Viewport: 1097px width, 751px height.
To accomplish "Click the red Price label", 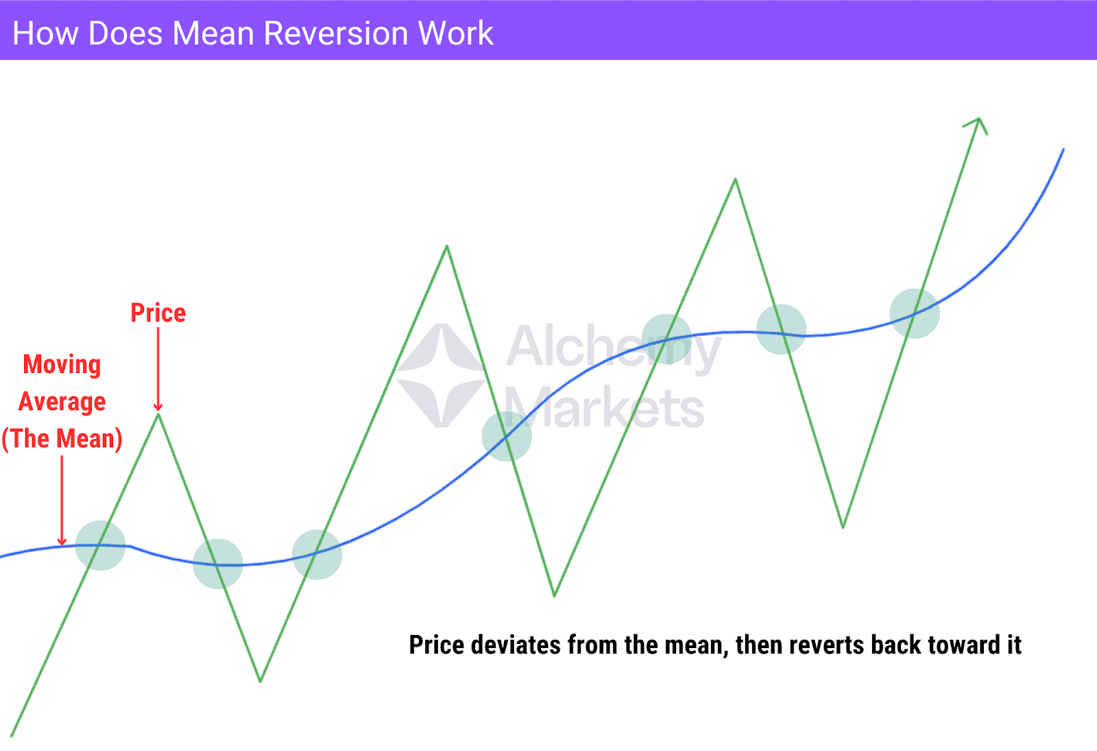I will (x=158, y=313).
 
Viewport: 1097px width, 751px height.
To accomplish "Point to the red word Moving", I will (x=62, y=364).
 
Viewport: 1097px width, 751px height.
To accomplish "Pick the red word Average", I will (x=62, y=401).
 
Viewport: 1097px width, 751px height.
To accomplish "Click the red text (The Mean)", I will (x=62, y=438).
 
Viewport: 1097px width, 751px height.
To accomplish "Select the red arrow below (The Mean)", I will (x=62, y=501).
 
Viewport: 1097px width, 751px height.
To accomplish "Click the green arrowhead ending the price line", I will (x=978, y=124).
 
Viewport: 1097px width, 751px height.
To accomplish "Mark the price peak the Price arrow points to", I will (x=158, y=414).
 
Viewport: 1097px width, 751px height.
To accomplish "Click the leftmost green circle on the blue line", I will (x=100, y=545).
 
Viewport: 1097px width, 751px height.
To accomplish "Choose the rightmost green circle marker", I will (x=915, y=313).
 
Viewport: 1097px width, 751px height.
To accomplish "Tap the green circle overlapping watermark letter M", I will (x=507, y=436).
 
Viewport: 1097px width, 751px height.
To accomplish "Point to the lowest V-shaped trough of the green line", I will (x=261, y=680).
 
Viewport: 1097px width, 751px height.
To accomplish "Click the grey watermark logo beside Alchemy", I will (x=442, y=375).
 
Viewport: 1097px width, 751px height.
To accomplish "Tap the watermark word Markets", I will (x=605, y=408).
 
